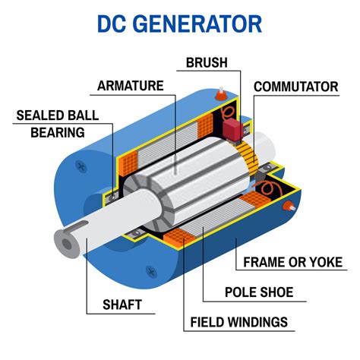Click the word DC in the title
(113, 23)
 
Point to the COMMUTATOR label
(296, 86)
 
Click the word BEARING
(57, 132)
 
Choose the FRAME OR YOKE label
(292, 263)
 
